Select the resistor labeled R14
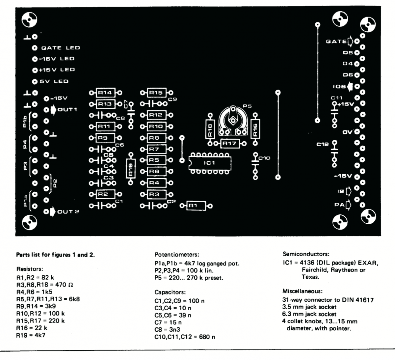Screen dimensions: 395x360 [105, 93]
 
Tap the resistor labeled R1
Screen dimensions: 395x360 [196, 206]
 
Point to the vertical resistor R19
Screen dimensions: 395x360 [131, 169]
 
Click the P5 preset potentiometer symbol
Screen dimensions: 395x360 [233, 121]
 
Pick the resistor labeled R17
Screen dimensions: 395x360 [230, 144]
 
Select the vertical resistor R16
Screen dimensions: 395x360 [255, 129]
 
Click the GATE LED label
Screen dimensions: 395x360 [61, 48]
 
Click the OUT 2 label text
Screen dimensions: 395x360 [68, 212]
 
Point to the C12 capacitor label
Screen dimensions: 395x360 [322, 145]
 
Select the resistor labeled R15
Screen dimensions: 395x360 [157, 93]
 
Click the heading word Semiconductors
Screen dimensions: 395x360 [306, 254]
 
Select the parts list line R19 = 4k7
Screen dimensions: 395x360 [31, 335]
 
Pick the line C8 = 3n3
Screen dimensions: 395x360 [167, 329]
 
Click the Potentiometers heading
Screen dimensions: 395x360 [177, 255]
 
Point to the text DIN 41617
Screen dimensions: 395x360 [358, 300]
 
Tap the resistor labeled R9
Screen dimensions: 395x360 [105, 138]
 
